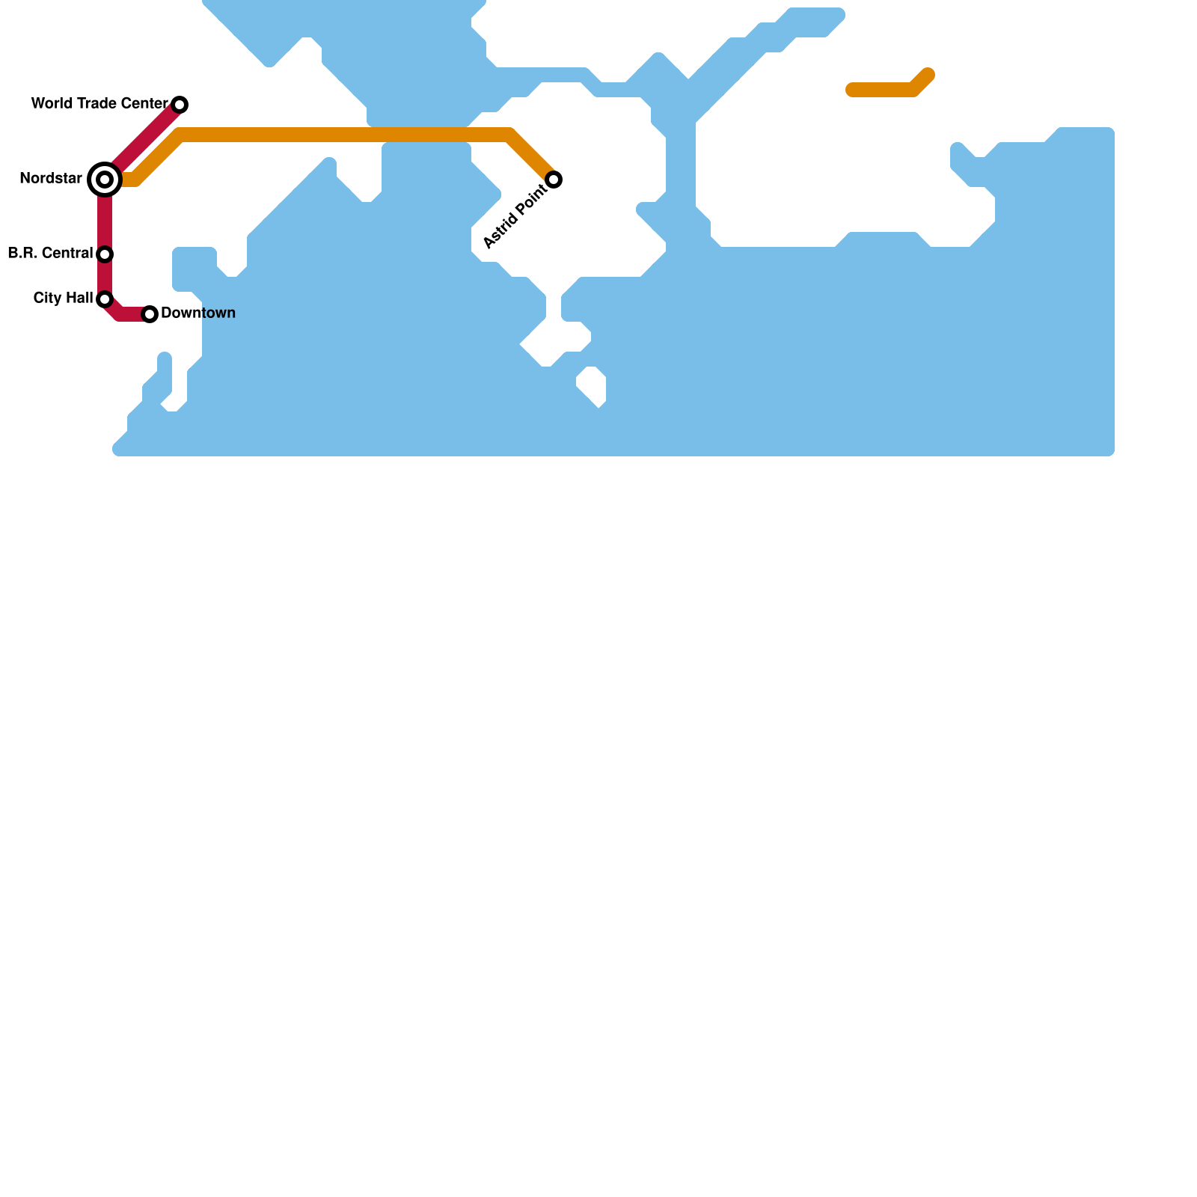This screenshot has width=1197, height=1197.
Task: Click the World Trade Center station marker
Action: pyautogui.click(x=180, y=104)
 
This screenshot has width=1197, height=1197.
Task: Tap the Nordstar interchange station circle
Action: pyautogui.click(x=105, y=180)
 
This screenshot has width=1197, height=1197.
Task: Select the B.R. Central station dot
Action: pyautogui.click(x=105, y=254)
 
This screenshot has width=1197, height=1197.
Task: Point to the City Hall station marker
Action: pyautogui.click(x=105, y=299)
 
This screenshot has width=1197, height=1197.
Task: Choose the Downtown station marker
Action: pyautogui.click(x=150, y=314)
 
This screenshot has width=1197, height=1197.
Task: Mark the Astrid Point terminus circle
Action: pyautogui.click(x=554, y=180)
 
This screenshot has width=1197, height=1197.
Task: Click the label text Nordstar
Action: pyautogui.click(x=51, y=179)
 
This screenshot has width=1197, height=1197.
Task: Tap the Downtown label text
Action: pyautogui.click(x=198, y=313)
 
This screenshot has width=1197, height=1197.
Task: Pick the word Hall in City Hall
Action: pyautogui.click(x=79, y=299)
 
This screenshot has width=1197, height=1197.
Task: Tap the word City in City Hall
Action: pyautogui.click(x=47, y=299)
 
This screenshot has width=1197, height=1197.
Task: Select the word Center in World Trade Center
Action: pyautogui.click(x=147, y=104)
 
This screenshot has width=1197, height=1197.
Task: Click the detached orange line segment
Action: pyautogui.click(x=883, y=91)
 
